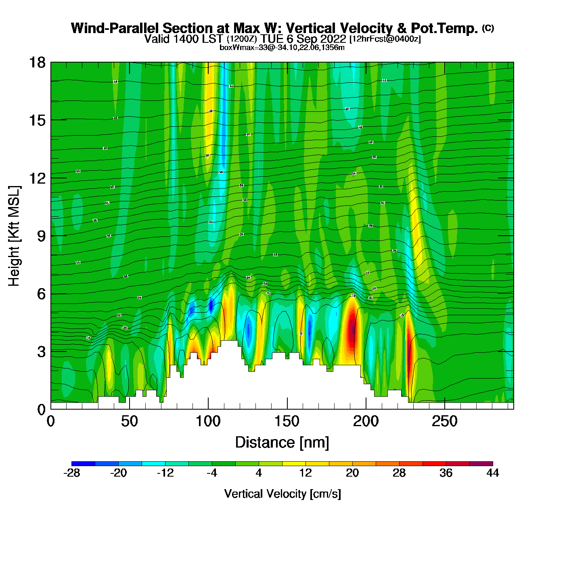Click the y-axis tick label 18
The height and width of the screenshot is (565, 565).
(37, 63)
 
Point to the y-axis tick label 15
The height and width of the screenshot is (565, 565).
(37, 120)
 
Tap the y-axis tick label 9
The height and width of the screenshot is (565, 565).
(41, 236)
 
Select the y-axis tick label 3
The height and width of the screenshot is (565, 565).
(41, 352)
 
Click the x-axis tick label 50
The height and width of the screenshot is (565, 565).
(129, 422)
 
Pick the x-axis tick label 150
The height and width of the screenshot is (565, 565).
(287, 422)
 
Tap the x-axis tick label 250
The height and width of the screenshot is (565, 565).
(445, 422)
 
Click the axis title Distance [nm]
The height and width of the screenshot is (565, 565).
(282, 443)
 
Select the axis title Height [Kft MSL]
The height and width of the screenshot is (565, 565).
(14, 236)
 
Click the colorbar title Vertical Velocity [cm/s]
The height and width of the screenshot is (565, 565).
(282, 494)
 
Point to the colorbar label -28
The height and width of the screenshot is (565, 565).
(72, 473)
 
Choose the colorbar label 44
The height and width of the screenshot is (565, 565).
(493, 473)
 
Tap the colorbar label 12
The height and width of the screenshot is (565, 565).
(306, 473)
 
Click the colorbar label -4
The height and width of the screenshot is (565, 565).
(212, 473)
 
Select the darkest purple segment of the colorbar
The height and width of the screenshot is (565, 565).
(481, 464)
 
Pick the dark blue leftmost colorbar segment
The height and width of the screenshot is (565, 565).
(83, 464)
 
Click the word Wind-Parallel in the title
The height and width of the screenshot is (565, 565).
(115, 28)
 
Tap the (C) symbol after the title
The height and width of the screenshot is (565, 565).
(488, 28)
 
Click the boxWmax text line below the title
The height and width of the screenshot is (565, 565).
(282, 48)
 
